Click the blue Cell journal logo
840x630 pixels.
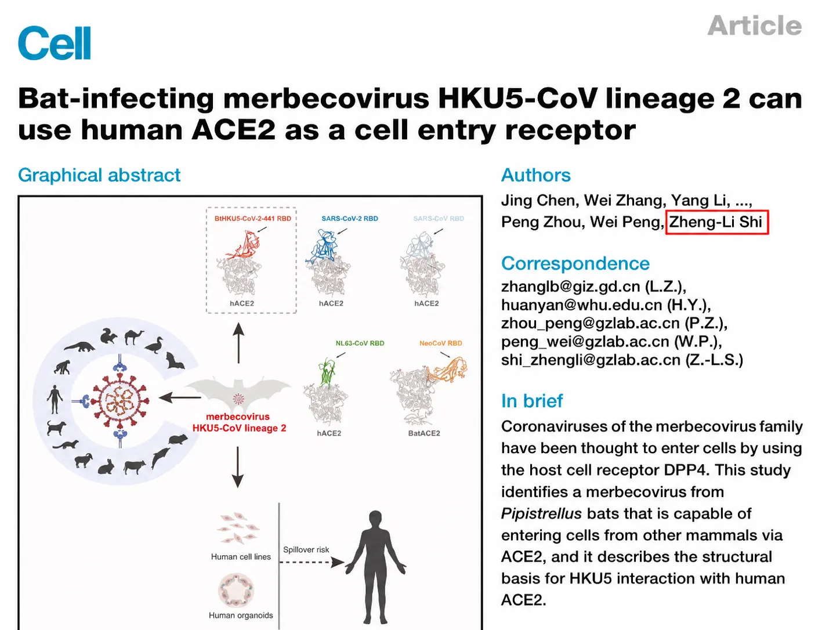pos(55,43)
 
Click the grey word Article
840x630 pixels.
pos(754,26)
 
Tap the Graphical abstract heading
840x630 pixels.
pos(99,176)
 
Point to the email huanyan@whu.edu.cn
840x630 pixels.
pos(581,305)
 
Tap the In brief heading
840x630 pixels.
pos(532,401)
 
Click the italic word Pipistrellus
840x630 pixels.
pos(541,514)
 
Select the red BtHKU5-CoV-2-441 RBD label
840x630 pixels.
pos(252,219)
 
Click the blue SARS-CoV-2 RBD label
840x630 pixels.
pos(350,219)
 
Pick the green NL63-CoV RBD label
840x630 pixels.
pos(360,343)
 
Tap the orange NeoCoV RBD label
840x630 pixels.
pos(440,343)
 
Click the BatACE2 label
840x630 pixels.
pos(424,433)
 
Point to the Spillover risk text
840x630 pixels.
pos(306,550)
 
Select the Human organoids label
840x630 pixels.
pos(241,615)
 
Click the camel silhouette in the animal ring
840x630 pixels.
pos(133,336)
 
